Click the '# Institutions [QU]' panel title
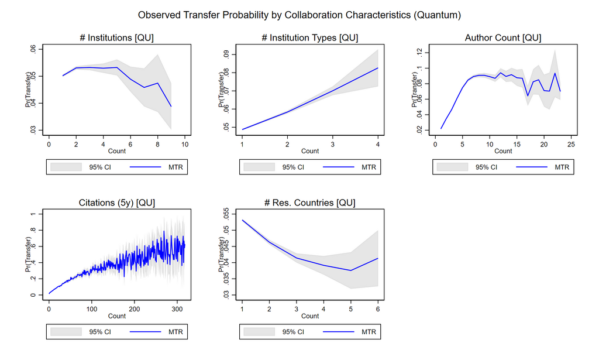pos(117,38)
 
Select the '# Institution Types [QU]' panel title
pos(310,38)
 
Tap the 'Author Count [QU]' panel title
pos(503,38)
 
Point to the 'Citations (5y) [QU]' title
pos(117,203)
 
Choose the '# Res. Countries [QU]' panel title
pos(310,203)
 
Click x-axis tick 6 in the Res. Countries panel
pos(378,308)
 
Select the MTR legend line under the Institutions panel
pos(146,167)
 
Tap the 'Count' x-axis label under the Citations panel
pos(117,316)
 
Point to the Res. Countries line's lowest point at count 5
pos(350,270)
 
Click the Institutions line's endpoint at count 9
pos(171,107)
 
